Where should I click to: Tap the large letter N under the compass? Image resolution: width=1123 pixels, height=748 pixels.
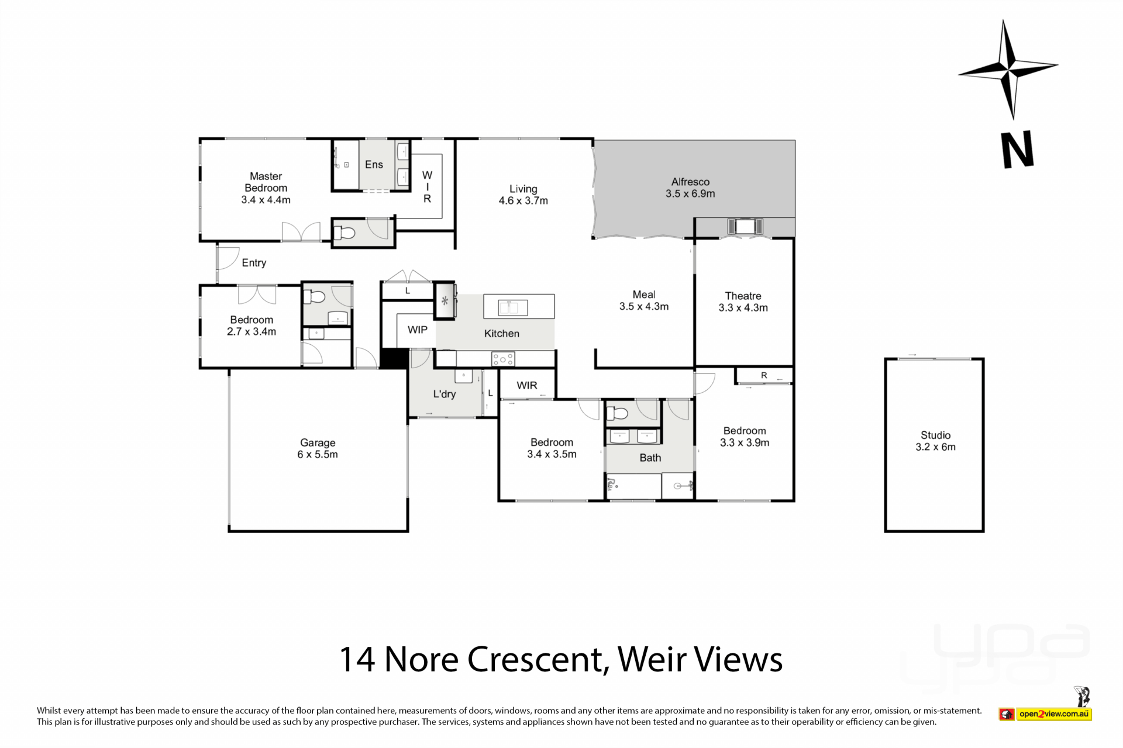pos(1018,150)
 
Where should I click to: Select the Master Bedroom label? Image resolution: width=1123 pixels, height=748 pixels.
pos(266,182)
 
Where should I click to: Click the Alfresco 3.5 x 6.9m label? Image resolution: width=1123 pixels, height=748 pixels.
pos(690,188)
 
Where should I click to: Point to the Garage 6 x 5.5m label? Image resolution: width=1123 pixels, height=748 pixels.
pos(318,448)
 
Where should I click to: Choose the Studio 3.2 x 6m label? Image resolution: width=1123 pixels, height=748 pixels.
pos(935,441)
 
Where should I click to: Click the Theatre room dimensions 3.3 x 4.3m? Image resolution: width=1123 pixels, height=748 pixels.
pos(743,308)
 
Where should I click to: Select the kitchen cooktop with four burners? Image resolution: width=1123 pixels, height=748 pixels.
pos(502,359)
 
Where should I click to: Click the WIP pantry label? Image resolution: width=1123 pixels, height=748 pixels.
pos(417,330)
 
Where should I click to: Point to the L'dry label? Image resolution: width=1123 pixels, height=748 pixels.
pos(444,394)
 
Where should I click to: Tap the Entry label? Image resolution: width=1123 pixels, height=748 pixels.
pos(254,263)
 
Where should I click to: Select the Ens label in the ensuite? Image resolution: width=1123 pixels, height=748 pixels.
pos(374,165)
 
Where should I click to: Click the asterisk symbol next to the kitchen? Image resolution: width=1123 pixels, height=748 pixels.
pos(445,302)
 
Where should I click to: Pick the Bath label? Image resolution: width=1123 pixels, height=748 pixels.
pos(650,458)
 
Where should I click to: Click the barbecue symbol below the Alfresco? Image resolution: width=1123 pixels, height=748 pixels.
pos(745,226)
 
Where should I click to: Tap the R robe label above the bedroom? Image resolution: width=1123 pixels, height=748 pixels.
pos(764,375)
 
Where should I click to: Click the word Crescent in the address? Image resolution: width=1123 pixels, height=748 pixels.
pos(535,659)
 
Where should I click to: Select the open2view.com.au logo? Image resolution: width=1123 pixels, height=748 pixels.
pos(1045,714)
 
